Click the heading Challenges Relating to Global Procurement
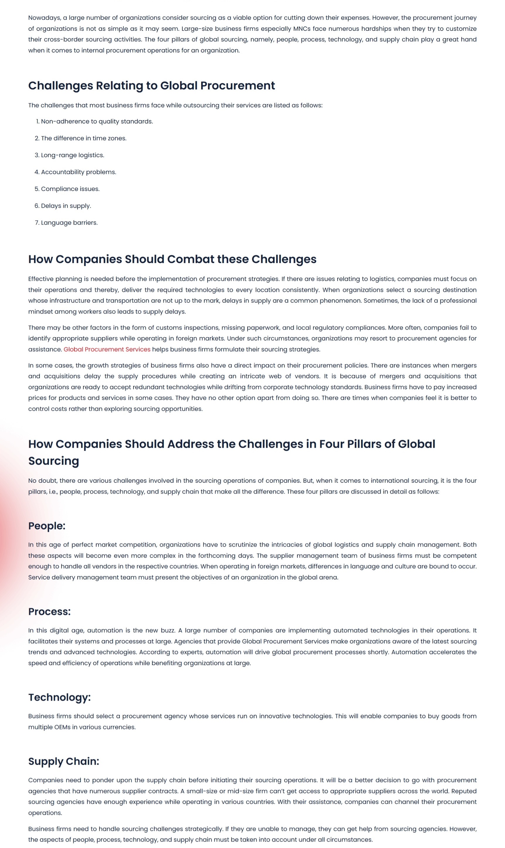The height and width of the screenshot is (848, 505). point(151,86)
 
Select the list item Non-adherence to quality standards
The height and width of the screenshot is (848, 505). point(97,121)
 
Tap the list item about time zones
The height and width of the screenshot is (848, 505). point(84,138)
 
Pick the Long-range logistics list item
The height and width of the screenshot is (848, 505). point(72,155)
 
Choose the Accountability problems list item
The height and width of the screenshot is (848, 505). point(79,172)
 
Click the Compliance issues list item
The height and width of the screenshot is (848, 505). point(70,189)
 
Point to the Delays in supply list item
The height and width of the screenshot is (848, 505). point(66,206)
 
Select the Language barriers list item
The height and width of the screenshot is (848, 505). point(70,223)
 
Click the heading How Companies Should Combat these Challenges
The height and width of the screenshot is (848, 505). point(172,259)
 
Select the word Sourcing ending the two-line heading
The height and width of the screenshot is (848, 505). point(54,461)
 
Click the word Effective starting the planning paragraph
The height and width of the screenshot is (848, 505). point(41,279)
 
